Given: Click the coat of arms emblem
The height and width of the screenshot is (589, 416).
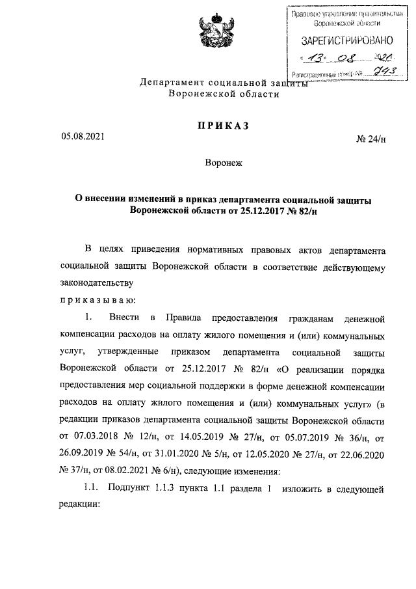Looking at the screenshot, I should pyautogui.click(x=209, y=33).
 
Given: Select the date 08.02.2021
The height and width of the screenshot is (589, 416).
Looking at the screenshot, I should pyautogui.click(x=112, y=469).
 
